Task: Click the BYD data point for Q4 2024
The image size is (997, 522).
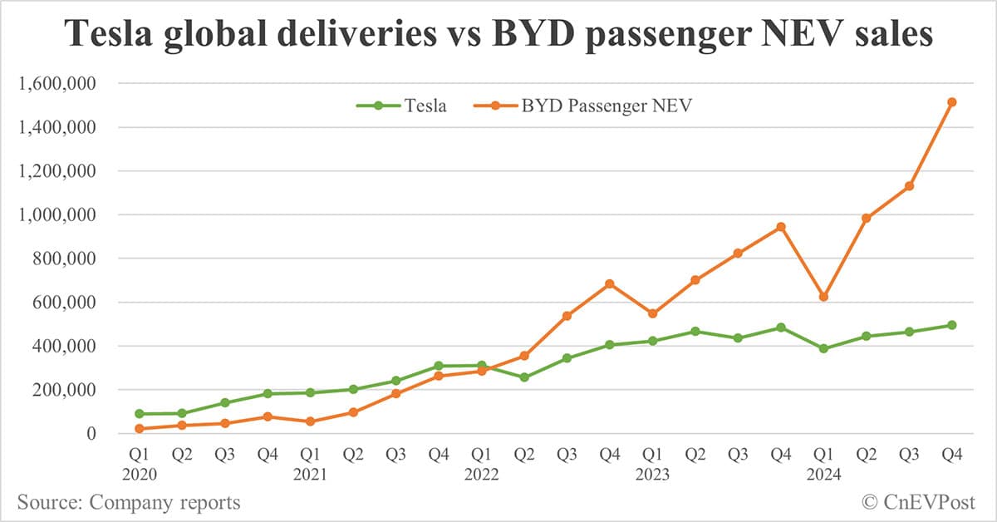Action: pos(952,102)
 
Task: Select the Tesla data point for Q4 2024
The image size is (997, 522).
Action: pos(952,325)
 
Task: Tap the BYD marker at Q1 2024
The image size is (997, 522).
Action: pos(823,297)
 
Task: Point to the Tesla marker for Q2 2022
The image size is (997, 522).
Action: pos(524,377)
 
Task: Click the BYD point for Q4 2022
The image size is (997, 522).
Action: pos(610,283)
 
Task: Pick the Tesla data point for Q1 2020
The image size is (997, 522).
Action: pos(140,413)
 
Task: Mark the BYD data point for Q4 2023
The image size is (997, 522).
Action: pos(781,226)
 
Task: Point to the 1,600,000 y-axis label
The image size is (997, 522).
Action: pos(63,84)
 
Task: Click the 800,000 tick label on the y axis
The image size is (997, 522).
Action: pos(70,259)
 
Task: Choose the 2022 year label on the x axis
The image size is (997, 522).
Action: pos(481,475)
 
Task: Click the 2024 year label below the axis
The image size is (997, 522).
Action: pos(823,475)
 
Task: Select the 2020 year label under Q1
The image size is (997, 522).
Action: pos(140,475)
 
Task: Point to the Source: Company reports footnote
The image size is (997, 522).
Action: pos(129,502)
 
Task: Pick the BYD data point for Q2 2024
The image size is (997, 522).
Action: pos(867,218)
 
